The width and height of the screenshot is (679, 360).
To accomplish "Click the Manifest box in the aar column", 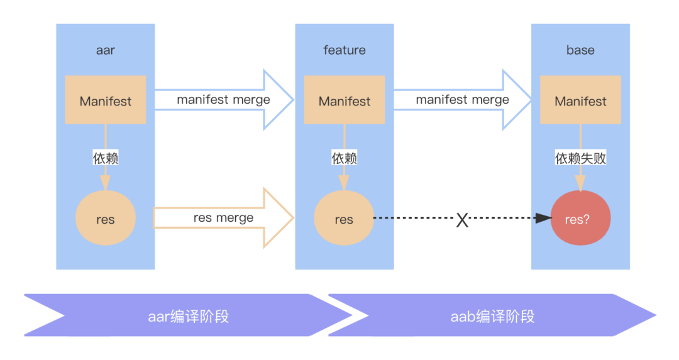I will point(106,101).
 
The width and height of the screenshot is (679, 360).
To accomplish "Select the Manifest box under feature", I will point(345,101).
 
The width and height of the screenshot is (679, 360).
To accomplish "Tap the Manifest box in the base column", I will point(580,101).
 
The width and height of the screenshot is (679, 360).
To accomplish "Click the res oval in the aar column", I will point(106,219).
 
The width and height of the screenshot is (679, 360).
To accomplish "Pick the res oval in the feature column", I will point(344,219).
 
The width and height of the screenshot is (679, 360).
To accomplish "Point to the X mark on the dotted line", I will point(462,220).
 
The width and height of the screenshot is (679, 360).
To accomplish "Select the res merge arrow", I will point(223,218).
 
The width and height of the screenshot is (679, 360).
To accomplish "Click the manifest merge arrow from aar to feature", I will point(223,100).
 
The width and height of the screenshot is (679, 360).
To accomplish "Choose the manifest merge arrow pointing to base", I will point(462,100).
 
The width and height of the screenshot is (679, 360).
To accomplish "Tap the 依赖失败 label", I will point(580,158).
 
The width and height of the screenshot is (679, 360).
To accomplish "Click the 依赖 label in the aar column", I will point(106,158).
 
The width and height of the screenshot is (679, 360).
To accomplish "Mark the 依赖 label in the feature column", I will point(345,158).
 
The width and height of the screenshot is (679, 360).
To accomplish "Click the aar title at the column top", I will point(106,50).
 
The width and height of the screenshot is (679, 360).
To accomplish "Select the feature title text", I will point(345,50).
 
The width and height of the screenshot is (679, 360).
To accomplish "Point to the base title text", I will point(580,50).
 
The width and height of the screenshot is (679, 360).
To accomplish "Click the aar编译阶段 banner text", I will point(189,316).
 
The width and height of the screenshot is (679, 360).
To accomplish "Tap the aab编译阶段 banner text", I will point(492,316).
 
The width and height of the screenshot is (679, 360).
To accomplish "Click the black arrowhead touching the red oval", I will point(543,219).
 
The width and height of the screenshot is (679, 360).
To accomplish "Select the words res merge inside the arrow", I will point(223,218).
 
